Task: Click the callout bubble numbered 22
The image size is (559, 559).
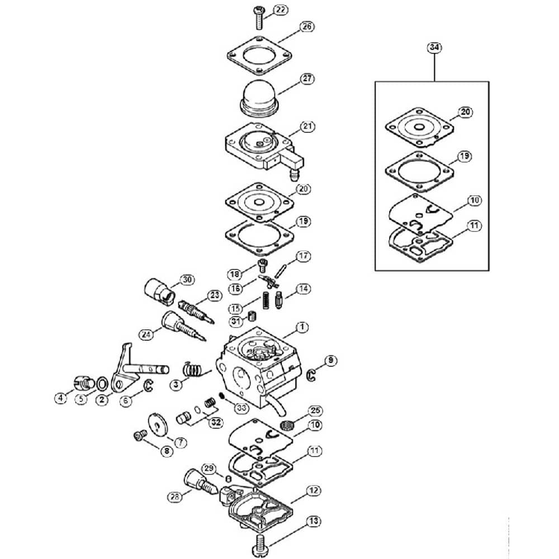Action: click(x=281, y=10)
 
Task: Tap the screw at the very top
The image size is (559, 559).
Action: click(x=258, y=18)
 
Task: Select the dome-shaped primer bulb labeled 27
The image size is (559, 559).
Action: click(x=260, y=99)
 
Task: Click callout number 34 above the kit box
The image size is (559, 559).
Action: click(x=434, y=48)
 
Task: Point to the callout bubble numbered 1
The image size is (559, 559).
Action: click(x=302, y=327)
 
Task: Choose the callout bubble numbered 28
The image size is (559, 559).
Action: click(x=175, y=497)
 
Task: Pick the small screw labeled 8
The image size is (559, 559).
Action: click(x=140, y=435)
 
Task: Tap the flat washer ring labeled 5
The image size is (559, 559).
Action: click(x=102, y=385)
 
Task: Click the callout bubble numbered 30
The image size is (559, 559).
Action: click(x=187, y=280)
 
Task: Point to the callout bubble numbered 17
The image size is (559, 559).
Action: click(x=303, y=256)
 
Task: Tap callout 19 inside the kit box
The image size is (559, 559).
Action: click(x=464, y=157)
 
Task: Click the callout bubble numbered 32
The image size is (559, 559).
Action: click(x=216, y=423)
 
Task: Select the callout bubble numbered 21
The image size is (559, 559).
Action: click(x=307, y=126)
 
